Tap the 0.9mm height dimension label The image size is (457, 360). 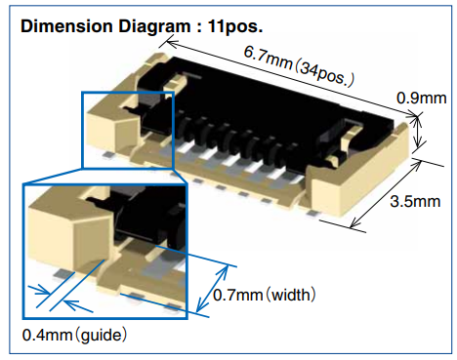point(421,98)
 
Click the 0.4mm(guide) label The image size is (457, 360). point(75,335)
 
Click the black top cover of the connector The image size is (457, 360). point(283,98)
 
